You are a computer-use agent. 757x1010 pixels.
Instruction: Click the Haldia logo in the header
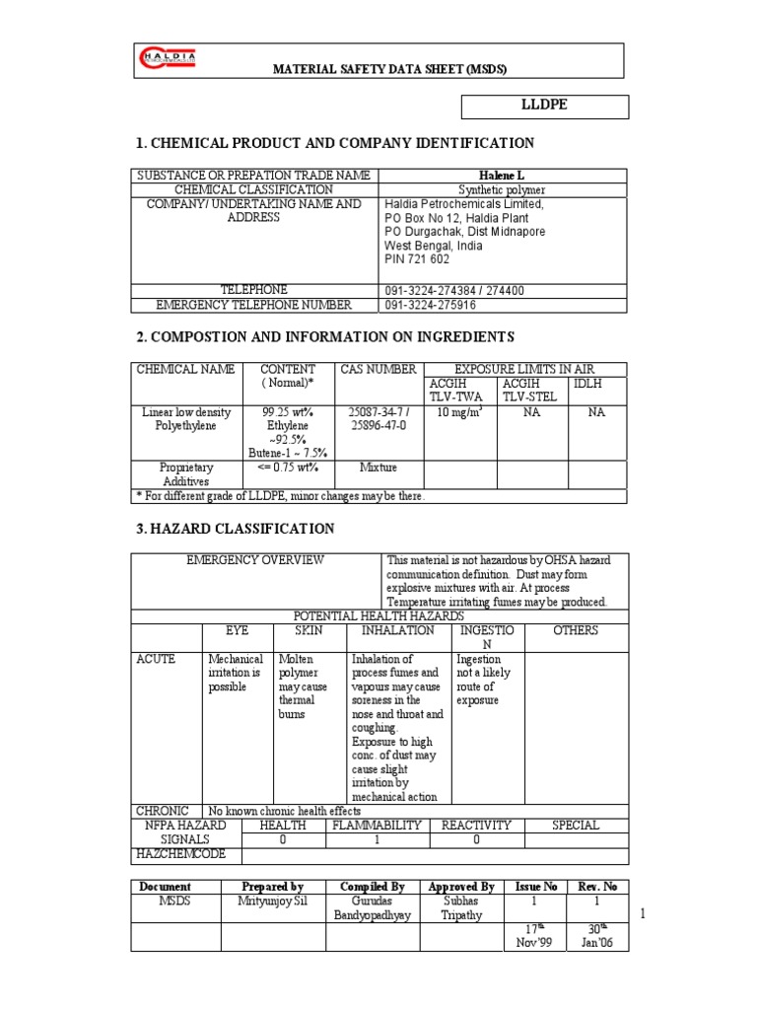(x=169, y=60)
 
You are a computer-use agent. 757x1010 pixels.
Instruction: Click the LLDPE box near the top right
(x=545, y=107)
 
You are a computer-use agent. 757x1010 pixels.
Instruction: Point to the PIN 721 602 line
(x=416, y=259)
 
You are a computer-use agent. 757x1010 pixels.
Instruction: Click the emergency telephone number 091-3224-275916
(x=442, y=305)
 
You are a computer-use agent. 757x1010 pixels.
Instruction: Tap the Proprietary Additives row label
(x=185, y=473)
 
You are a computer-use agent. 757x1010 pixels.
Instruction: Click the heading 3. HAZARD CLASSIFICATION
(x=235, y=530)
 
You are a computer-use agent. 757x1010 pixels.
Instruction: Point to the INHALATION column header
(x=397, y=629)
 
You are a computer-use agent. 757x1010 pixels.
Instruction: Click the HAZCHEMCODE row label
(x=183, y=854)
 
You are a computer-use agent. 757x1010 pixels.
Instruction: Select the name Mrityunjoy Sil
(x=272, y=902)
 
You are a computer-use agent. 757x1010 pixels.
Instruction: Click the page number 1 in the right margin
(x=642, y=916)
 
